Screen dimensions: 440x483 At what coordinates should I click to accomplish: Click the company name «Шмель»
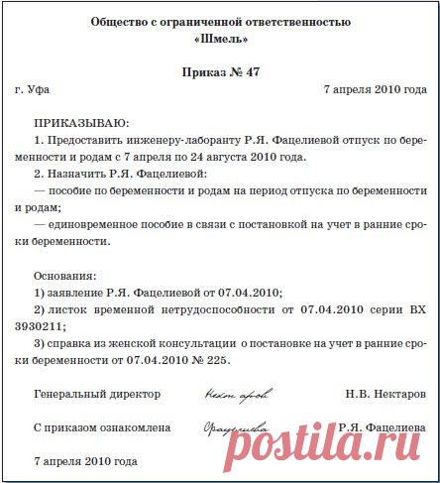click(220, 41)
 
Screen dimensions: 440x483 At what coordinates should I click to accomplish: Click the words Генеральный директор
click(96, 394)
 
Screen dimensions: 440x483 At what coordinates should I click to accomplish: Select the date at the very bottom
click(85, 461)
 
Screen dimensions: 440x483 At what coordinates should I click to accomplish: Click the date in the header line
click(376, 89)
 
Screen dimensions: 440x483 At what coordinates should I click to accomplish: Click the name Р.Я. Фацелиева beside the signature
click(383, 427)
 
